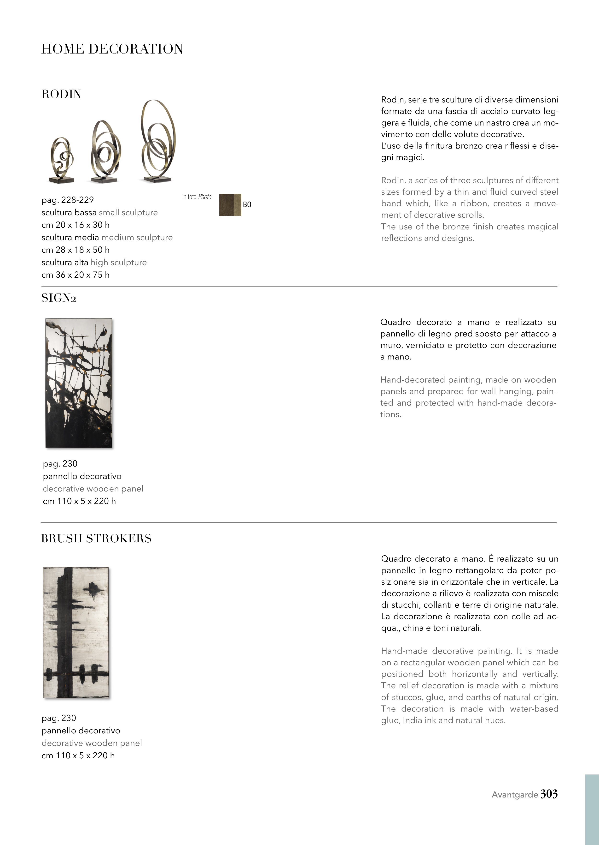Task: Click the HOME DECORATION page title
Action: coord(112,49)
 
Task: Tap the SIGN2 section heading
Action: coord(59,298)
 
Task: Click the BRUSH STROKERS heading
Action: coord(96,539)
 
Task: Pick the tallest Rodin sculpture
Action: coord(158,142)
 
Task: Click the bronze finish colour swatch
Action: coord(230,205)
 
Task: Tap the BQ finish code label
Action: coord(247,205)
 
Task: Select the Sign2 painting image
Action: coord(79,383)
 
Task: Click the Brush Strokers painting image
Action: coord(76,632)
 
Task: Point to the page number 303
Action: coord(549,794)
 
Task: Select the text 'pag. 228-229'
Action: coord(68,200)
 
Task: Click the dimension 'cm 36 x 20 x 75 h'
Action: coord(75,275)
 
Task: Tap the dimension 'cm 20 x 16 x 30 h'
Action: coord(75,225)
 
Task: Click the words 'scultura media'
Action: coord(70,238)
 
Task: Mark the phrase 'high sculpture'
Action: coord(119,263)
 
